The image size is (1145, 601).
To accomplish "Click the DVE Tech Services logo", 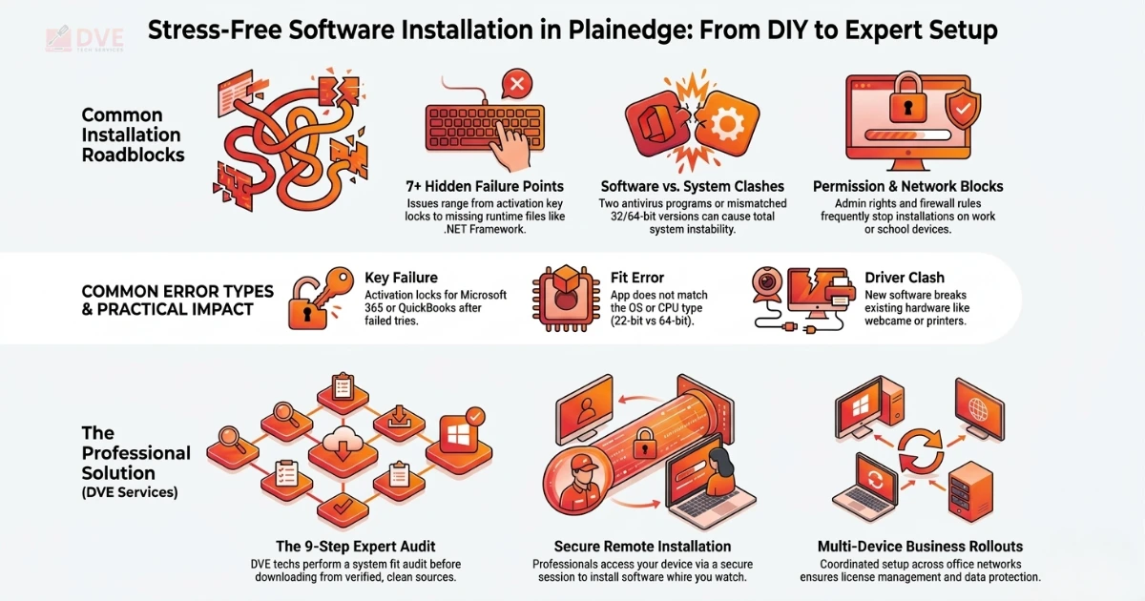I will (84, 39).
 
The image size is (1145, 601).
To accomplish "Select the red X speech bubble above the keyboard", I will (515, 87).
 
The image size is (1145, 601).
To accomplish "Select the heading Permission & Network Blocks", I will (907, 186).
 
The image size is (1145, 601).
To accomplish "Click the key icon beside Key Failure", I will (329, 288).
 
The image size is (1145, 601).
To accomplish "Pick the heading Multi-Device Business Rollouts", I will (920, 547).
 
